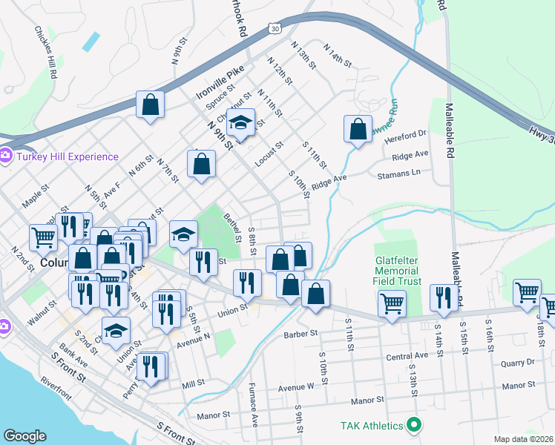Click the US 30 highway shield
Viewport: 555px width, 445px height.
(275, 27)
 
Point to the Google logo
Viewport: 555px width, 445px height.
(24, 436)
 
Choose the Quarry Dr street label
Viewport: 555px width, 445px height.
(517, 363)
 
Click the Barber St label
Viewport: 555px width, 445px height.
(301, 334)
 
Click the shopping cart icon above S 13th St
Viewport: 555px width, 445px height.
(391, 302)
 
